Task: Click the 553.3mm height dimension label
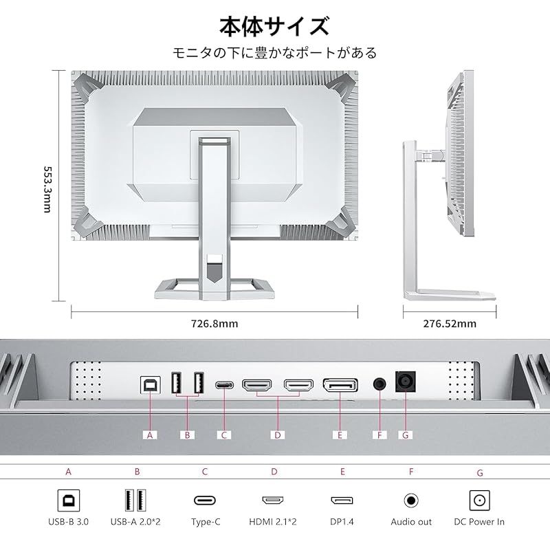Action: (x=47, y=189)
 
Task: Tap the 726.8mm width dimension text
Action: (x=214, y=323)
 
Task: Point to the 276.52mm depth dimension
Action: (x=450, y=323)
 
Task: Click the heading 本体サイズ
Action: (x=274, y=26)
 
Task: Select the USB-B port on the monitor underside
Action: (x=151, y=385)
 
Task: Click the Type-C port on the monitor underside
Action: (x=225, y=385)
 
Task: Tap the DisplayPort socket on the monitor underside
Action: (x=340, y=385)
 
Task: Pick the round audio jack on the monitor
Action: (x=379, y=384)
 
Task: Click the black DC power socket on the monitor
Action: (x=406, y=382)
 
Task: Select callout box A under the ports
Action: (x=150, y=435)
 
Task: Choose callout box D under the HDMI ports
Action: (x=278, y=435)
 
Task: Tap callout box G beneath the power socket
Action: (x=406, y=435)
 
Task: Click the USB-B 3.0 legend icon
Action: (x=68, y=500)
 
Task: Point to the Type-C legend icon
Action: (x=205, y=500)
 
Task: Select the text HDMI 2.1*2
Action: (x=273, y=522)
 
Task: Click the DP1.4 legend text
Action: (x=342, y=522)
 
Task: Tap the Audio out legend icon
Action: (x=411, y=500)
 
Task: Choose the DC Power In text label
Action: (x=479, y=522)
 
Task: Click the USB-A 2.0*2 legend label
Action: (x=135, y=522)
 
